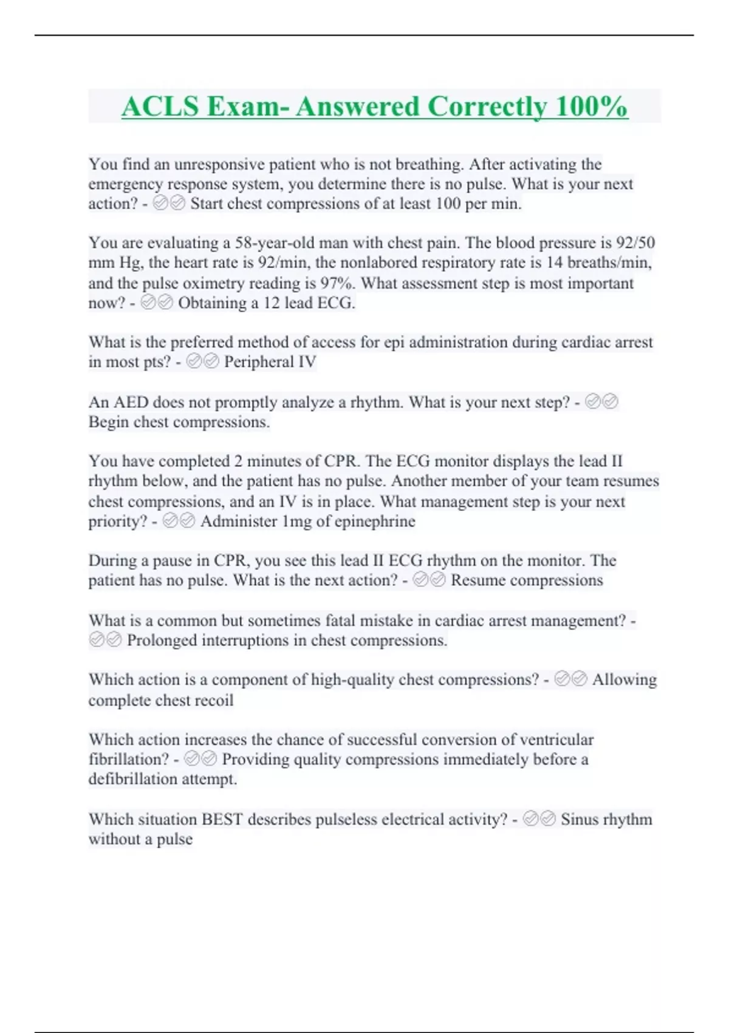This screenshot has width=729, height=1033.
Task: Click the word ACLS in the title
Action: (160, 107)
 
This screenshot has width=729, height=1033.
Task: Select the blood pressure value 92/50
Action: (635, 243)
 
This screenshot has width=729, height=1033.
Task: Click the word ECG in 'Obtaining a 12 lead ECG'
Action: (337, 303)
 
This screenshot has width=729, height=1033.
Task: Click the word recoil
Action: (213, 700)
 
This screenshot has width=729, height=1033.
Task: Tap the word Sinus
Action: (580, 819)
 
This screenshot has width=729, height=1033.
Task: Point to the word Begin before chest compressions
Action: (109, 422)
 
